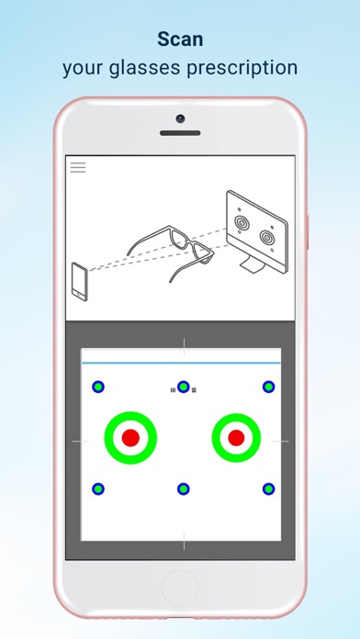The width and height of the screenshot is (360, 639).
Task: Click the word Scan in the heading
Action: [180, 39]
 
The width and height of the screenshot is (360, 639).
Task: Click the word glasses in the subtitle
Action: [150, 68]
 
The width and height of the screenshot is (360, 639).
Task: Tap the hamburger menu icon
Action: [78, 167]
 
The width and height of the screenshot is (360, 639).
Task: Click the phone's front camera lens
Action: [180, 118]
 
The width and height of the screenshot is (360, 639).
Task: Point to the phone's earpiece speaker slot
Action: [180, 134]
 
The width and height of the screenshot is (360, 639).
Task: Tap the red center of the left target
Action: [130, 437]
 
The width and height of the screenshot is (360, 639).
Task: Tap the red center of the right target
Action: [237, 437]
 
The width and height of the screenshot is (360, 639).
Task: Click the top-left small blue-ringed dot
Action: [98, 387]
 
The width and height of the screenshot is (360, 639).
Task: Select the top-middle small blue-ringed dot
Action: [184, 387]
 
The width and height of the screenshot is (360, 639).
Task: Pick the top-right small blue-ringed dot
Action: [268, 387]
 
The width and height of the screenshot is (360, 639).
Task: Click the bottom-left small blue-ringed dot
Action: [98, 488]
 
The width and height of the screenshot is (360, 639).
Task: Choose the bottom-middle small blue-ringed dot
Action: [184, 488]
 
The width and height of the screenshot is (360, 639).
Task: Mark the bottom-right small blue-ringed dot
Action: [268, 488]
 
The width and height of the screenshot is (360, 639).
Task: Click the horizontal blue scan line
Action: [180, 363]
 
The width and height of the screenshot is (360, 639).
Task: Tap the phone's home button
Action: [180, 589]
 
